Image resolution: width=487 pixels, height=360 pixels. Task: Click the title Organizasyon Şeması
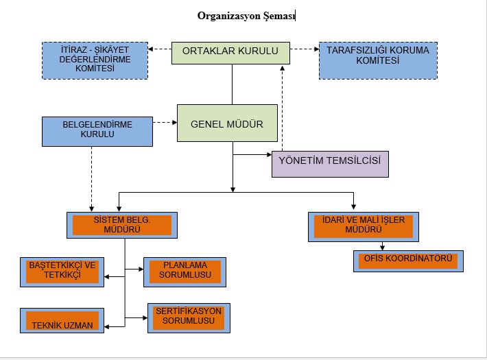click(x=246, y=16)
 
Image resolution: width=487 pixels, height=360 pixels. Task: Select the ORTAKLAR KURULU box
click(x=230, y=51)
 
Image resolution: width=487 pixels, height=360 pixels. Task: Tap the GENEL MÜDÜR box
click(x=227, y=123)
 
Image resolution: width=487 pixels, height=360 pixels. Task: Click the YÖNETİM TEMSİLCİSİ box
click(x=330, y=164)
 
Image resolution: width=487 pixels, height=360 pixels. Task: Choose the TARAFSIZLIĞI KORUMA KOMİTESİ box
click(x=378, y=56)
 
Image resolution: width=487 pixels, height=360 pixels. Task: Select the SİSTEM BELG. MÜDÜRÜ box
click(x=122, y=225)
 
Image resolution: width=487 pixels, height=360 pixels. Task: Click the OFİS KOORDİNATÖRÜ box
click(x=409, y=261)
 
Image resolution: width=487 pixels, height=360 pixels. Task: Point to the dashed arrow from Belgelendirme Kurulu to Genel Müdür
click(x=164, y=123)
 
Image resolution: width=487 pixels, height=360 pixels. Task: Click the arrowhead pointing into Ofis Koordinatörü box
click(x=381, y=248)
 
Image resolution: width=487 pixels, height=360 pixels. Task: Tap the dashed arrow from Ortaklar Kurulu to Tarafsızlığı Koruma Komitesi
click(x=305, y=49)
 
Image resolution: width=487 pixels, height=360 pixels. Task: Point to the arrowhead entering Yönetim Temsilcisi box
click(x=268, y=156)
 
